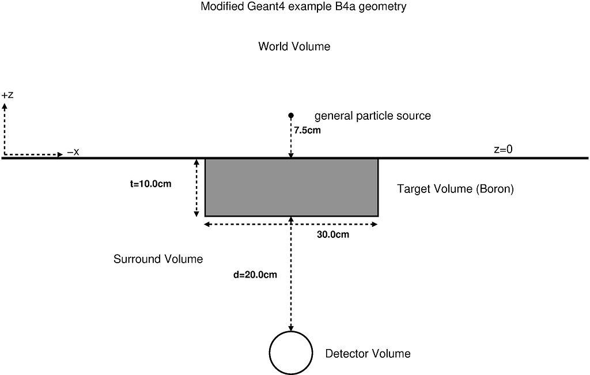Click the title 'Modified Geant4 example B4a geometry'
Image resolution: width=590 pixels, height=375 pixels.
[x=304, y=7]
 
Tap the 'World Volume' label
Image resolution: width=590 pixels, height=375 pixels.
[x=294, y=47]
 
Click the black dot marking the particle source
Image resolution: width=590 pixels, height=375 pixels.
[x=291, y=116]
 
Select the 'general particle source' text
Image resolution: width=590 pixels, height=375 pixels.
[x=372, y=116]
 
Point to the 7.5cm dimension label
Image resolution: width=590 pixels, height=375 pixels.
[x=307, y=131]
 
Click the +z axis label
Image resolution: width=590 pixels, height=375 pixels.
[x=7, y=95]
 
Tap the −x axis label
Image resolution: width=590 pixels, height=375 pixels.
[x=73, y=152]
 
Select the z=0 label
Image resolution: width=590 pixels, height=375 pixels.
[x=503, y=149]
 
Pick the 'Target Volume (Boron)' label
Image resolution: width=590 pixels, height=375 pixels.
[x=455, y=189]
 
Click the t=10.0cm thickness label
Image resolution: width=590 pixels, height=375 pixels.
[x=151, y=185]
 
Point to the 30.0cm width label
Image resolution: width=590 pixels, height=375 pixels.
[x=333, y=234]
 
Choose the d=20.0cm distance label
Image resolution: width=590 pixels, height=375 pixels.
[x=255, y=275]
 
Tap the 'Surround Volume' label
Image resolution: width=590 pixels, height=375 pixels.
[x=158, y=259]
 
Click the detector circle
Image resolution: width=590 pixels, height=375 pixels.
[x=291, y=353]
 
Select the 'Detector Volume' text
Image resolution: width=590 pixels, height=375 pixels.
[x=368, y=354]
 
